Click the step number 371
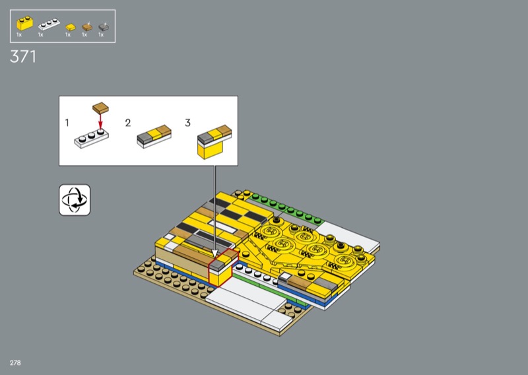[23, 57]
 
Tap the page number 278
[15, 362]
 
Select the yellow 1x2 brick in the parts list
[25, 23]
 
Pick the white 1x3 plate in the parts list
[49, 24]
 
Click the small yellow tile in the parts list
[71, 27]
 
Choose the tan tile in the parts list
[87, 27]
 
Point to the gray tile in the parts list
[104, 27]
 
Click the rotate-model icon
[75, 200]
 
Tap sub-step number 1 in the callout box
[67, 123]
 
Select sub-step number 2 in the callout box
[128, 123]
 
